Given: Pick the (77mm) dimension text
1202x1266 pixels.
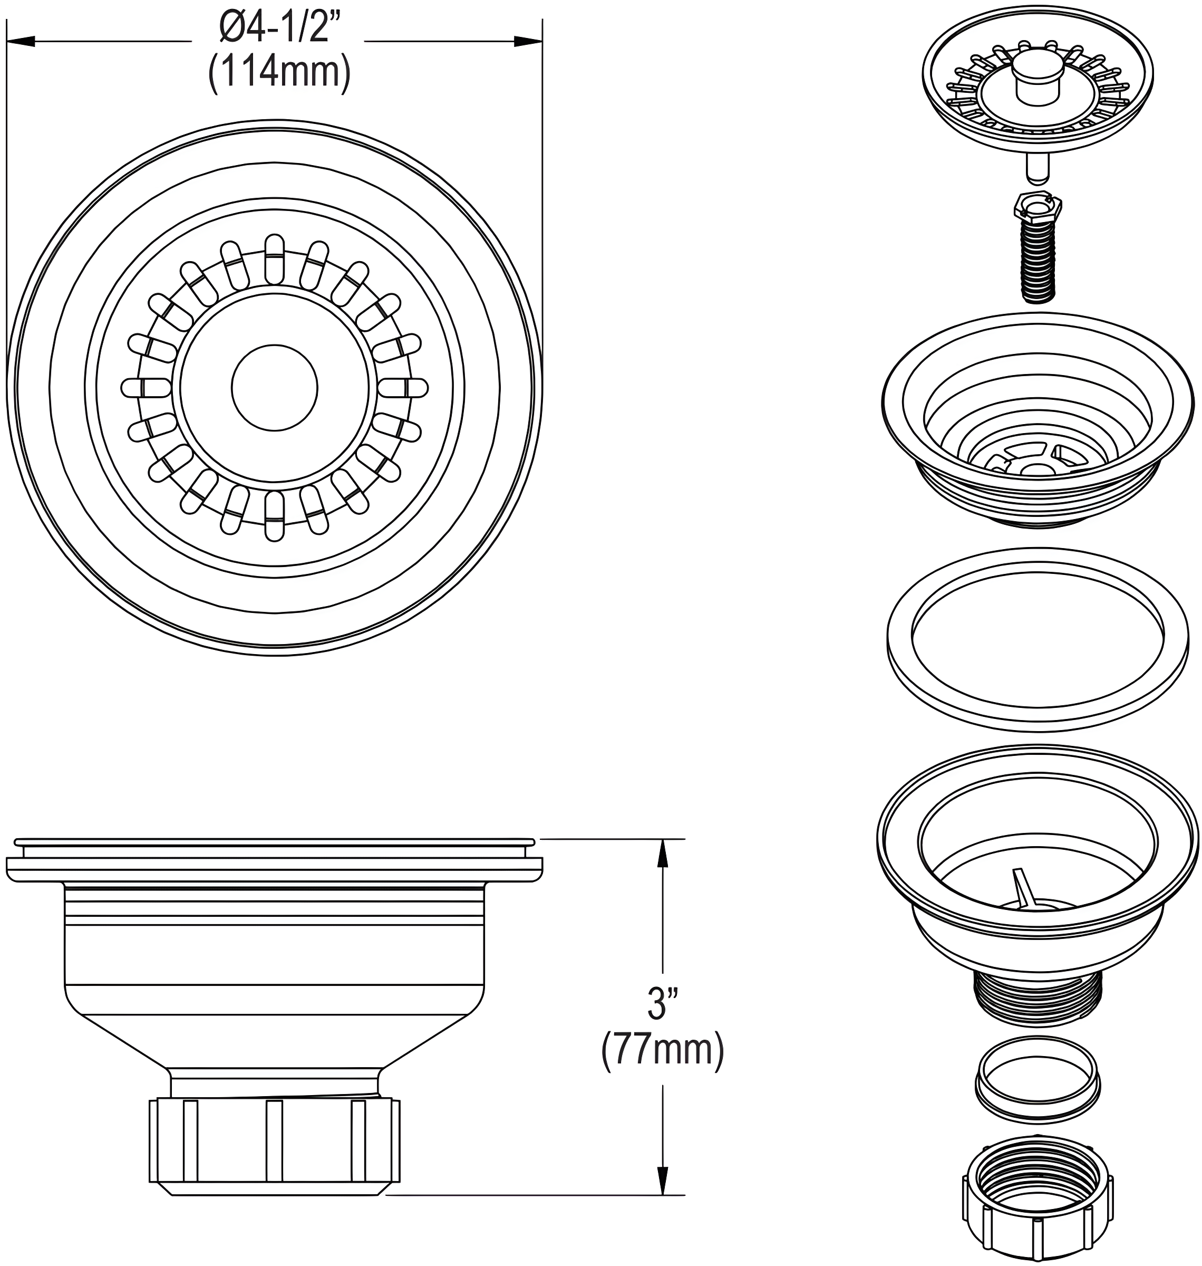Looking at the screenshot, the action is [663, 1051].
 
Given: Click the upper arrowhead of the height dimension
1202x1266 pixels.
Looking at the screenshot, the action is [663, 853].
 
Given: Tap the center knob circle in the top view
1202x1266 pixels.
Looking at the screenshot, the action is [274, 387].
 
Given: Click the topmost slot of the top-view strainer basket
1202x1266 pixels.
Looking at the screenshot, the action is [274, 259].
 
